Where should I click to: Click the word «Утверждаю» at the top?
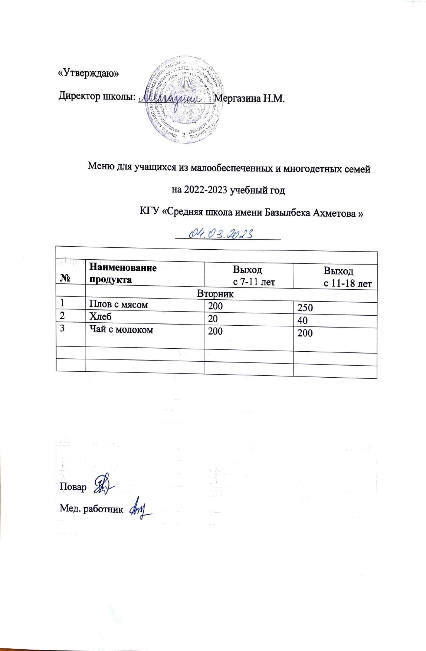click(89, 73)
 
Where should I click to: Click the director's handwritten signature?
click(174, 98)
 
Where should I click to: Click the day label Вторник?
click(215, 295)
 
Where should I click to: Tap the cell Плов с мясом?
click(118, 305)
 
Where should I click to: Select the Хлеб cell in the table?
click(100, 316)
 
